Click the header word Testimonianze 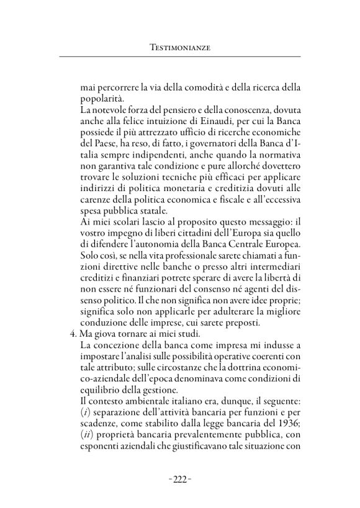click(179, 47)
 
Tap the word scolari click(127, 229)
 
